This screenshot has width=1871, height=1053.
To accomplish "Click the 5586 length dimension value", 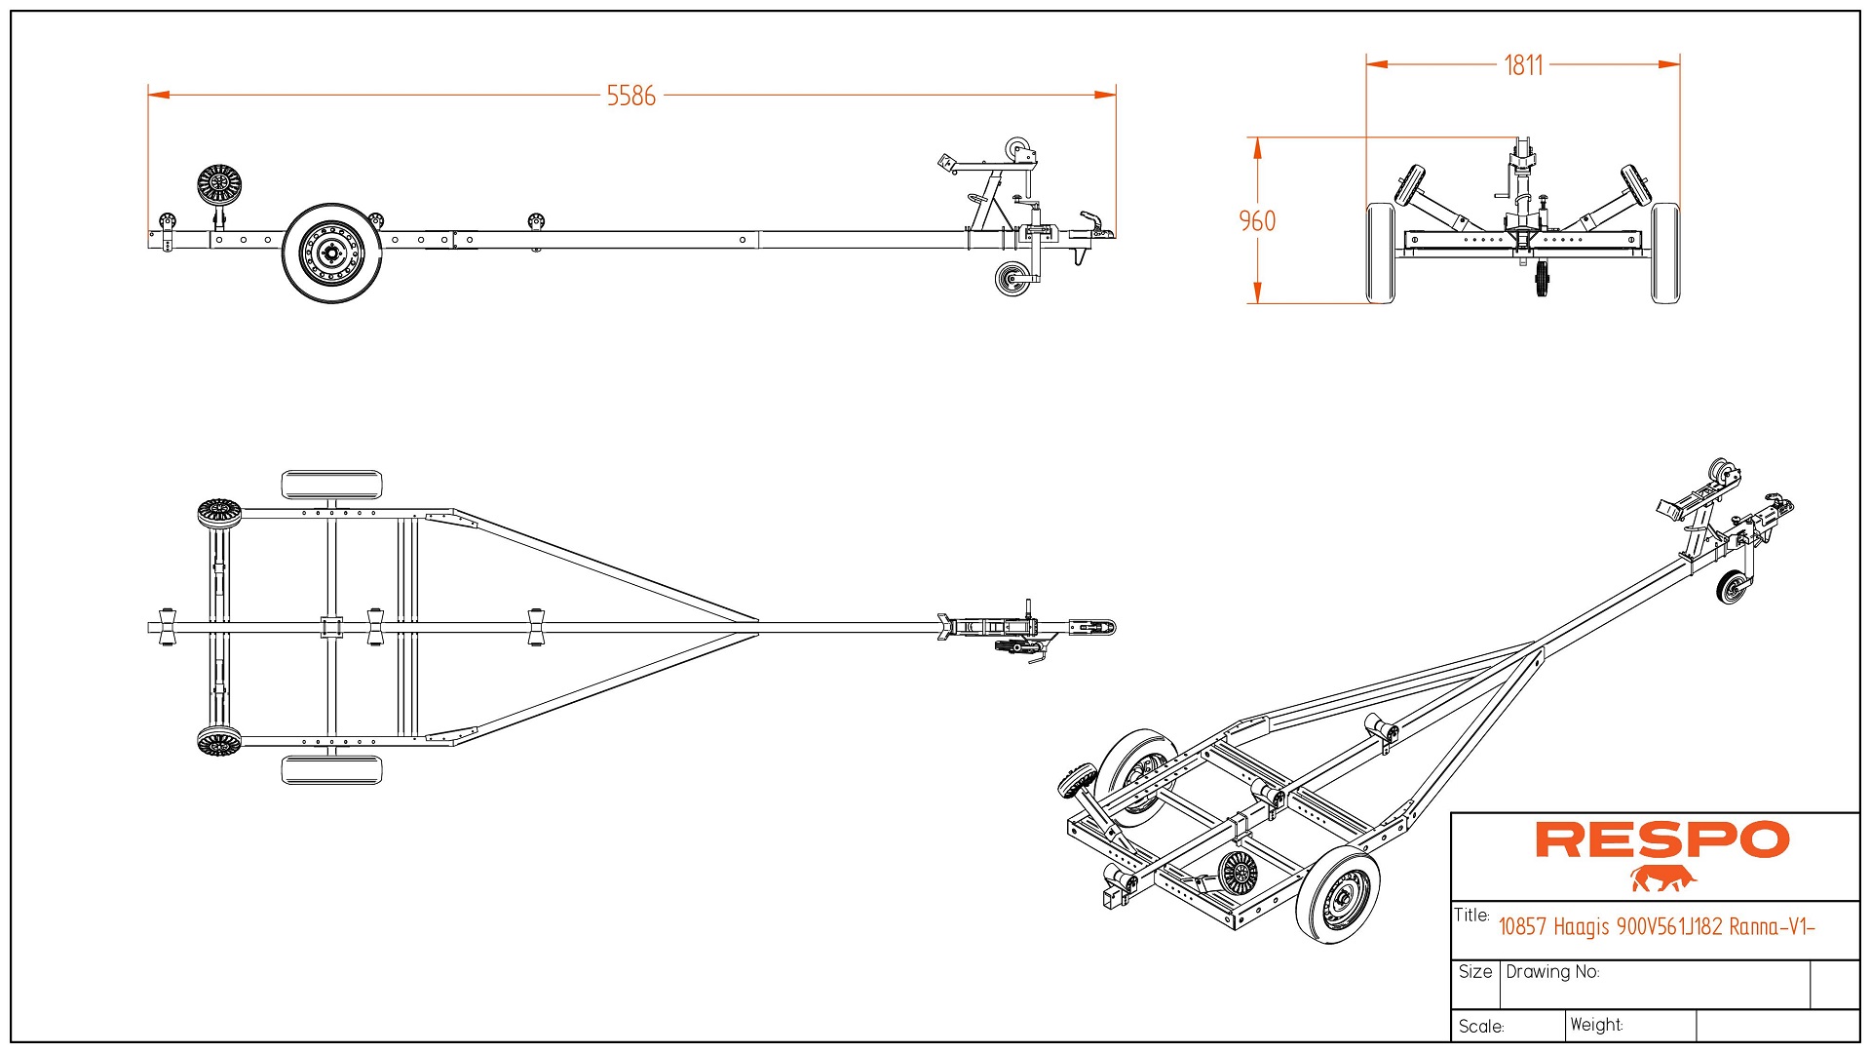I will (x=630, y=96).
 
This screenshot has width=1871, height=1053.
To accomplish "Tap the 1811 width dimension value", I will (x=1523, y=65).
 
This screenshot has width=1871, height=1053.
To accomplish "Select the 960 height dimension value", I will (x=1257, y=221).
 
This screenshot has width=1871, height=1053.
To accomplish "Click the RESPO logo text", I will (x=1661, y=839).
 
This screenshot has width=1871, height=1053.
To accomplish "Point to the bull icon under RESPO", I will (x=1662, y=878).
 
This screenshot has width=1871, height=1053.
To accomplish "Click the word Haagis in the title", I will (x=1581, y=926).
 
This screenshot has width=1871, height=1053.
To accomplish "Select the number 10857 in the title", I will (x=1522, y=926).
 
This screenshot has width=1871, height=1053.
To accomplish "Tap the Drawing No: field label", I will (x=1552, y=972).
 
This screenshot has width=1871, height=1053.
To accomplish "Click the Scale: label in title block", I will (x=1481, y=1027).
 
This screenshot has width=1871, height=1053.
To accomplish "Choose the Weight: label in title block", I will (x=1596, y=1025).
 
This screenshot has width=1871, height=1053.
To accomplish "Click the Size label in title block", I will (x=1475, y=972).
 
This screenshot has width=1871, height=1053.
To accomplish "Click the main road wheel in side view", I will (x=331, y=253).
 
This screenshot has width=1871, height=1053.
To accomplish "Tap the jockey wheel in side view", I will (x=1012, y=279).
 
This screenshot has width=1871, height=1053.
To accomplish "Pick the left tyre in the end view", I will (x=1380, y=253).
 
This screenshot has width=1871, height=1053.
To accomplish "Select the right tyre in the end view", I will (x=1665, y=253).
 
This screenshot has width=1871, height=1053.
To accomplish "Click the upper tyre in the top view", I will (x=331, y=485).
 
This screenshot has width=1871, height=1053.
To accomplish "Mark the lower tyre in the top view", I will (x=331, y=769).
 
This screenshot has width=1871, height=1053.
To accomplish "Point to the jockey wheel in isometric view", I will (x=1733, y=588).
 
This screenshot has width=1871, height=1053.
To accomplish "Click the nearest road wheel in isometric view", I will (x=1338, y=898).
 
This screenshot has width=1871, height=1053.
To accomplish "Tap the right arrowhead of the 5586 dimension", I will (x=1105, y=95).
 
